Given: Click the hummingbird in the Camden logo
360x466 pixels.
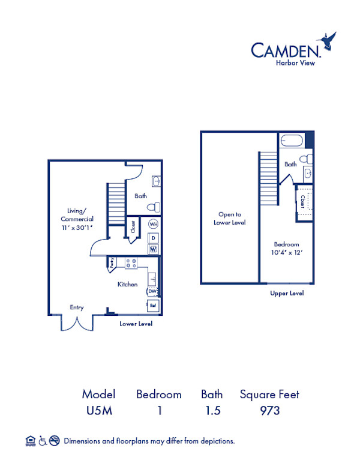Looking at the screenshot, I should [x=329, y=41].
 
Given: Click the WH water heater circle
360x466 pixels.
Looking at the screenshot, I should [x=153, y=224].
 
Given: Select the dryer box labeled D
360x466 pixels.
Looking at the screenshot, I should [x=153, y=238].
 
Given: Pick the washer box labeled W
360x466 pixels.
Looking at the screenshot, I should [x=153, y=249].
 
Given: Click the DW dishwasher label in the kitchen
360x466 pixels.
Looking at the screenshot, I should [x=152, y=292].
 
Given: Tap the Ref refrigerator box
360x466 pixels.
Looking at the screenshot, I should [x=152, y=306].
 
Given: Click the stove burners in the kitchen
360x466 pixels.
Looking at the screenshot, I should [x=131, y=262].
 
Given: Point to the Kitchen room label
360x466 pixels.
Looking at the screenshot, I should [x=127, y=284].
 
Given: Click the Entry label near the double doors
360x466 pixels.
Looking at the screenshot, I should [x=76, y=307].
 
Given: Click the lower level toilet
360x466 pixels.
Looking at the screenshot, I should [x=154, y=207].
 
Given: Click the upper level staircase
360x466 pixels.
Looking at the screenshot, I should [x=268, y=178].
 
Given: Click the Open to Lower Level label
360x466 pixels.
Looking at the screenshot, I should [x=230, y=218].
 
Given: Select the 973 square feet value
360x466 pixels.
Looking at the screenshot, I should [x=269, y=411].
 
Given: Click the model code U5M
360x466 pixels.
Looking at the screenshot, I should [x=98, y=411].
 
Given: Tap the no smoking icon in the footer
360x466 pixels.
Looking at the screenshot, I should [x=54, y=441].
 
